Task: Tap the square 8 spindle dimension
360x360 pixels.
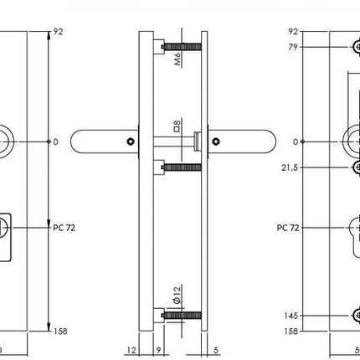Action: click(x=176, y=128)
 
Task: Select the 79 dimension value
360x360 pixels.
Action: click(x=293, y=47)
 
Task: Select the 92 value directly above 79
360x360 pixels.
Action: click(x=293, y=31)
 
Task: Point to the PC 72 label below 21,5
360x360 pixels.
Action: click(x=288, y=227)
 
